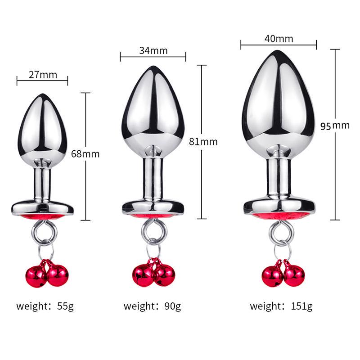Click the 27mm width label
point(43,75)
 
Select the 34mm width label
point(153,50)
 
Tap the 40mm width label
point(279,39)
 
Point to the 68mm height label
point(85,154)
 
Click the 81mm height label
point(203,142)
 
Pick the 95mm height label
point(335,126)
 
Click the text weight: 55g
point(45,306)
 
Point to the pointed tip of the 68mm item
point(42,95)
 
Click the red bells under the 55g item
point(47,274)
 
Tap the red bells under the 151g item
point(283,274)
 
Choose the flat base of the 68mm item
point(42,208)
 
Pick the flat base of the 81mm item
point(153,207)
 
